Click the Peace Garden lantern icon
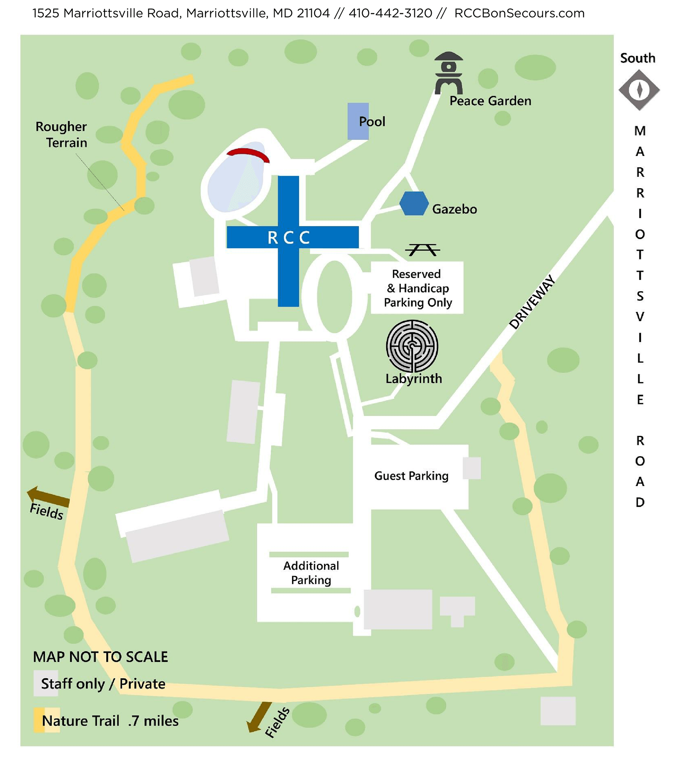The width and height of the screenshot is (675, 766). (x=448, y=73)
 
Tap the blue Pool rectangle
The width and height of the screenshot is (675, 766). (x=358, y=121)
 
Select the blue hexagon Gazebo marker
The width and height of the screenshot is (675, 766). (x=414, y=203)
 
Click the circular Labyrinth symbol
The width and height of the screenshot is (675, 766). (x=412, y=346)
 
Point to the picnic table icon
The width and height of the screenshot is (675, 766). (x=423, y=250)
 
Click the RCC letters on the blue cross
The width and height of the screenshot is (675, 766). (x=289, y=238)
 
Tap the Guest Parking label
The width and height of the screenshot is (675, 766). (x=411, y=476)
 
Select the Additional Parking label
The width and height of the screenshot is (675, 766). (x=311, y=573)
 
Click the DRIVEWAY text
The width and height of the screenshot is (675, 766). (x=532, y=302)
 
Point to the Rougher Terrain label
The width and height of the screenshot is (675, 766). (x=62, y=135)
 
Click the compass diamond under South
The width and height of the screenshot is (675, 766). (x=639, y=90)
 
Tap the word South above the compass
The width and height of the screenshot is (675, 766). (x=637, y=58)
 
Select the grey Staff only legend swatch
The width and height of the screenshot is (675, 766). (x=45, y=683)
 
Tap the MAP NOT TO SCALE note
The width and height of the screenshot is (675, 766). (x=100, y=657)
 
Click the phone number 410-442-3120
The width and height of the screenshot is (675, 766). (x=390, y=13)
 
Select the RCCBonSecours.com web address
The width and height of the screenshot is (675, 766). (x=519, y=13)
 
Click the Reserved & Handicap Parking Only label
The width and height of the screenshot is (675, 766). (x=417, y=288)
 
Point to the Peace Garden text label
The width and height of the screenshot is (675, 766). (x=490, y=101)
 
